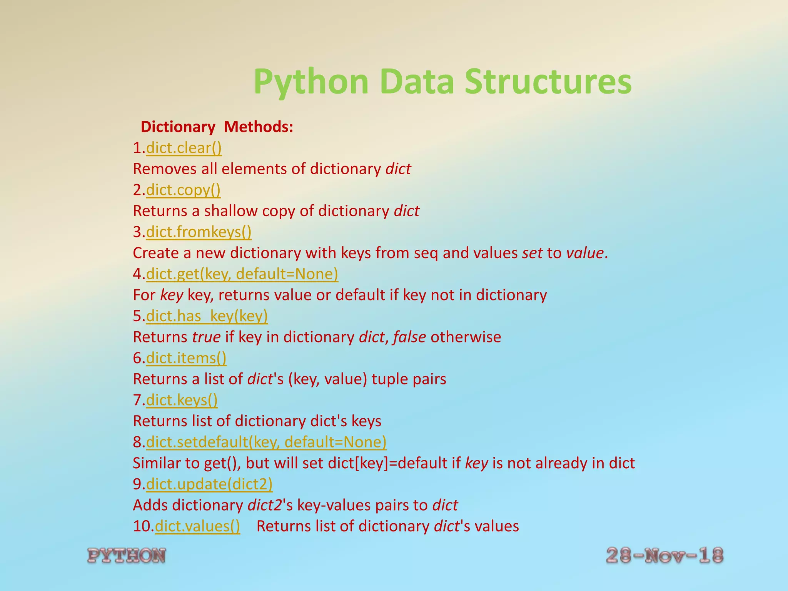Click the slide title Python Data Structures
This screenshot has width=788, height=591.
pyautogui.click(x=442, y=82)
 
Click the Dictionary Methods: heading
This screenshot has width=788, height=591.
pyautogui.click(x=217, y=127)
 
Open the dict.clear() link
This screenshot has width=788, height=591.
pyautogui.click(x=184, y=148)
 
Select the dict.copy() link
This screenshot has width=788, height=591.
pyautogui.click(x=183, y=190)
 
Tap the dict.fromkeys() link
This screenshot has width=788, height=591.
pyautogui.click(x=199, y=232)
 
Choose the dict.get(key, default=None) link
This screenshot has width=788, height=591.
pyautogui.click(x=242, y=274)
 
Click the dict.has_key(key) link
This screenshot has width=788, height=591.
pyautogui.click(x=207, y=316)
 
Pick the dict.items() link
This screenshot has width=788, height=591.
pyautogui.click(x=186, y=358)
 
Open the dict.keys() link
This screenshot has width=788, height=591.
pyautogui.click(x=182, y=400)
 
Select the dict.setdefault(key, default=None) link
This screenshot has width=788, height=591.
pyautogui.click(x=266, y=442)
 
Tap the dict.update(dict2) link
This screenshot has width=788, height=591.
pyautogui.click(x=209, y=484)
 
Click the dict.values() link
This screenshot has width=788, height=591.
pyautogui.click(x=197, y=526)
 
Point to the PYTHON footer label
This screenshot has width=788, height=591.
pyautogui.click(x=127, y=556)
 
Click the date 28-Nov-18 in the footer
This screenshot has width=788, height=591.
pyautogui.click(x=664, y=556)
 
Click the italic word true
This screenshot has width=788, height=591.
pyautogui.click(x=206, y=337)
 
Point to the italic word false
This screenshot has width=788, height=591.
pyautogui.click(x=409, y=337)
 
